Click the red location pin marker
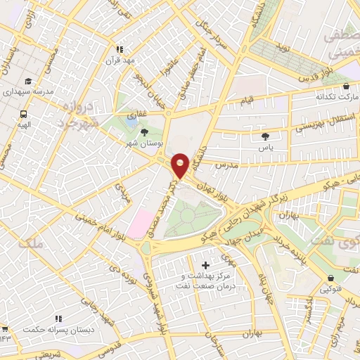[181, 165]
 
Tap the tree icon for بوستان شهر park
[145, 131]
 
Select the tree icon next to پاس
[264, 136]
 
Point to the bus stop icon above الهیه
[25, 113]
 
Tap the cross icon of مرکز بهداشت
[205, 265]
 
